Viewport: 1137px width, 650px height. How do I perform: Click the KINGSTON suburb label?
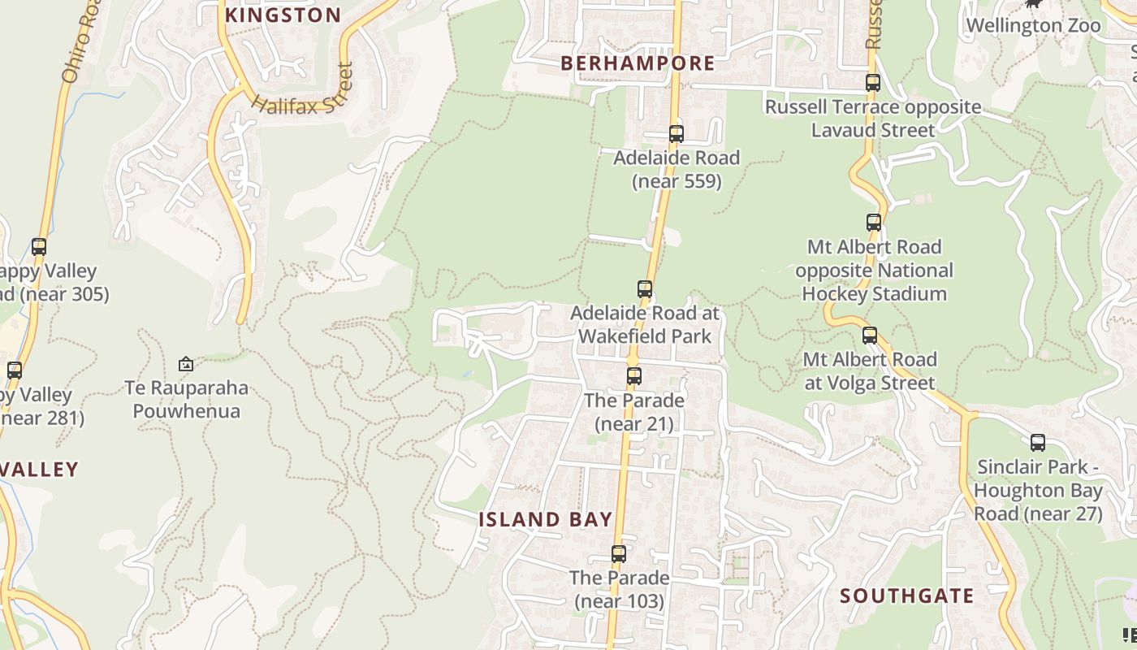click(283, 15)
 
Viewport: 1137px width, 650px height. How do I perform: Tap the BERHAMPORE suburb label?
click(638, 63)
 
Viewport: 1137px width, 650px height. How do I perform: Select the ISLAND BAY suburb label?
click(545, 519)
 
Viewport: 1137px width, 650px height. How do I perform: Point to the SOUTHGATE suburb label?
click(906, 596)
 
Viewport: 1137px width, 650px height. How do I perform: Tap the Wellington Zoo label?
click(1033, 25)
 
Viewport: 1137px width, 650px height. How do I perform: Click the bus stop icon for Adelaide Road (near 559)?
click(676, 134)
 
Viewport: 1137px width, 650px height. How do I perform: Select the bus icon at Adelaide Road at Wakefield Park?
click(645, 289)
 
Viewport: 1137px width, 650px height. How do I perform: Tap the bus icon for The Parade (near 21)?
click(634, 376)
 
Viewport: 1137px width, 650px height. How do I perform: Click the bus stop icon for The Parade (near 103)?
click(619, 554)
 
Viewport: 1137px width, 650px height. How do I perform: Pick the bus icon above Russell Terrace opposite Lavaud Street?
click(873, 83)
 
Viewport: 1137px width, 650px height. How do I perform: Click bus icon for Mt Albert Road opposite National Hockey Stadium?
click(874, 223)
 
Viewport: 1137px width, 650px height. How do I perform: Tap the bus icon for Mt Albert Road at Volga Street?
click(870, 336)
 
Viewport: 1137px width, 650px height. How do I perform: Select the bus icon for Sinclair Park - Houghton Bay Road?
click(1038, 443)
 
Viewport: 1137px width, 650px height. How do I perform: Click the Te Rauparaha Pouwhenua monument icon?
click(186, 364)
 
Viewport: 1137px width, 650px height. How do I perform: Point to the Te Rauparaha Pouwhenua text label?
click(186, 399)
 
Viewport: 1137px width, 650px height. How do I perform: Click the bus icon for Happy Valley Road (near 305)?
click(39, 247)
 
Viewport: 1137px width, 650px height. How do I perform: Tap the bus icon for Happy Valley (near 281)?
click(15, 370)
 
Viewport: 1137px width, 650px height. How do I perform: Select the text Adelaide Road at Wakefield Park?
click(644, 324)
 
